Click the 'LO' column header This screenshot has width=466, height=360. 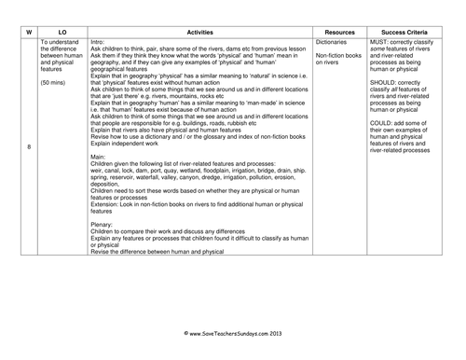[x=62, y=30]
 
